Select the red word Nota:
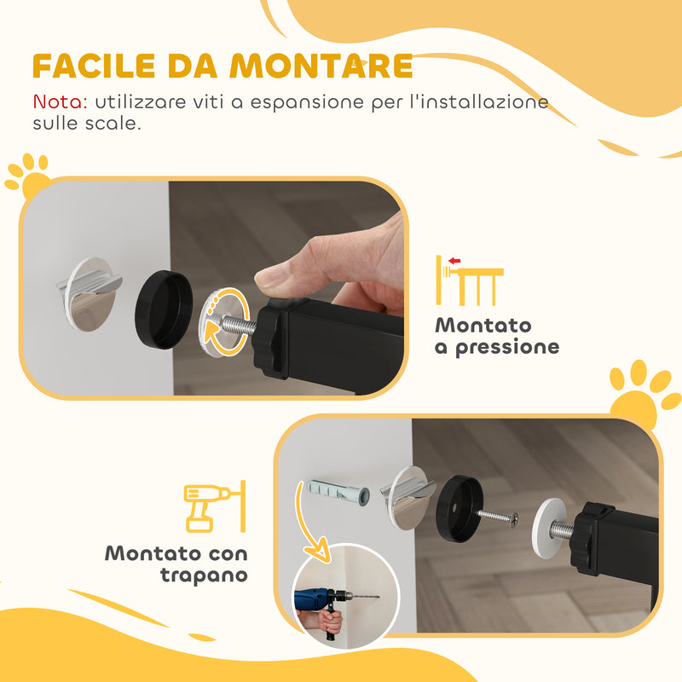pyautogui.click(x=60, y=101)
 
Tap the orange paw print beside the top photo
pyautogui.click(x=27, y=174)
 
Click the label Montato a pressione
pyautogui.click(x=496, y=336)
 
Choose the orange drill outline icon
pyautogui.click(x=214, y=506)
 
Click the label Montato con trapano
pyautogui.click(x=176, y=564)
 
